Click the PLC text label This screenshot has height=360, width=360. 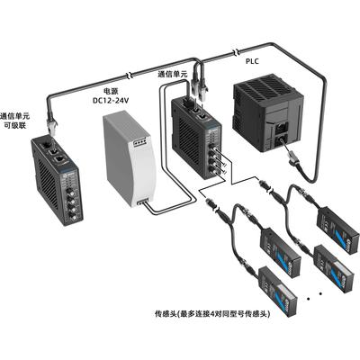coord(252,61)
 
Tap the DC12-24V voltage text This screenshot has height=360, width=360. coord(111,101)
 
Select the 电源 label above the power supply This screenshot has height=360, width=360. coord(110,91)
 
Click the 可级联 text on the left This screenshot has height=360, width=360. coord(15,125)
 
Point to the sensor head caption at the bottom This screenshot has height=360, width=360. coord(212,314)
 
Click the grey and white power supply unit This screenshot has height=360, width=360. coord(130,159)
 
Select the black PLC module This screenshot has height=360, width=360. coord(268,112)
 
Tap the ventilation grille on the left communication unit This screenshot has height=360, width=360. coord(47,186)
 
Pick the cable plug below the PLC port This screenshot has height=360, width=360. coord(293,159)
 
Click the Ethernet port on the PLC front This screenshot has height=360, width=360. coord(282,129)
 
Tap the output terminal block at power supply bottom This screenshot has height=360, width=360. coord(142,202)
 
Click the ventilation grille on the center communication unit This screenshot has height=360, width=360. coord(189,141)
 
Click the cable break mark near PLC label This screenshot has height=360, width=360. coord(237,52)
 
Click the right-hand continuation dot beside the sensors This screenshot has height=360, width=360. coord(320,293)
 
